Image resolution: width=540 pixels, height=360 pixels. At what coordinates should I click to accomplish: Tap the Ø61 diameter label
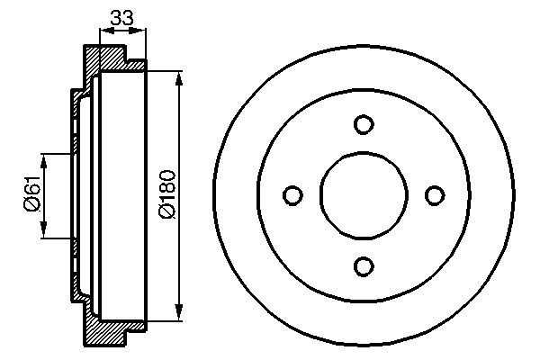[x=29, y=195]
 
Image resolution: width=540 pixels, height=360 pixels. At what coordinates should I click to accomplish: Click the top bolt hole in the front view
[x=363, y=124]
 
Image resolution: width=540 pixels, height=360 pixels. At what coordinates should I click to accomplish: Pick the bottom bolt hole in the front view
[x=363, y=265]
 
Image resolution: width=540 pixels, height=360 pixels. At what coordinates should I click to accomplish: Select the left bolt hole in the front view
[x=292, y=195]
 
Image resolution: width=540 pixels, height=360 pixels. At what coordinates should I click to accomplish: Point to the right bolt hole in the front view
[x=434, y=195]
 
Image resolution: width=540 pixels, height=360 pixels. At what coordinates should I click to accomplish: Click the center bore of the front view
[x=363, y=195]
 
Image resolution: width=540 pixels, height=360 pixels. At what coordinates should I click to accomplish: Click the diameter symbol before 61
[x=29, y=206]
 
